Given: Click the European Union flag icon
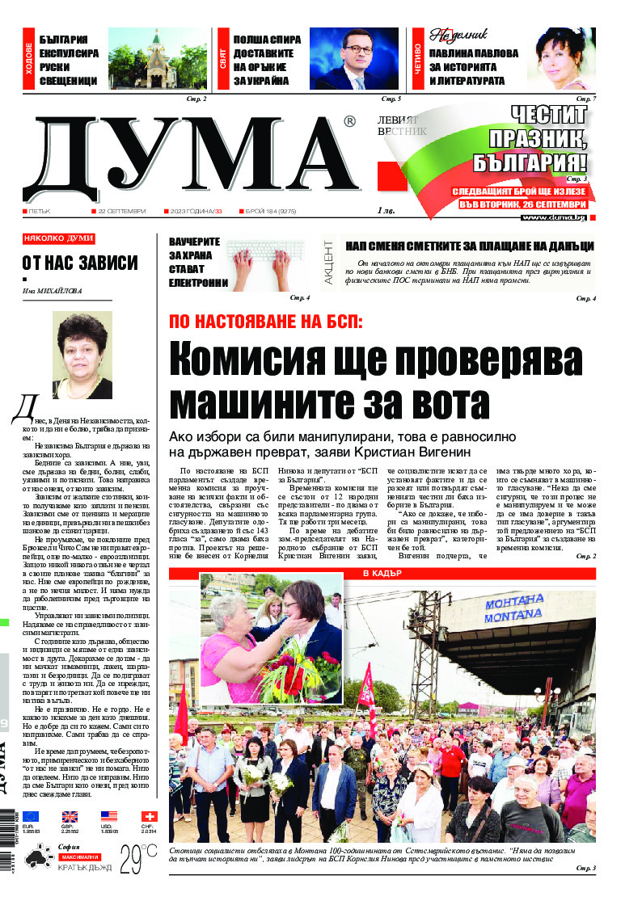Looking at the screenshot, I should (x=31, y=817).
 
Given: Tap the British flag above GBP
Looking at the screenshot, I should (x=70, y=817).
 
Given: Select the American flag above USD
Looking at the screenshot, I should (x=109, y=817).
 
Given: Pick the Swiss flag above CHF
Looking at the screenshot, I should (x=149, y=817).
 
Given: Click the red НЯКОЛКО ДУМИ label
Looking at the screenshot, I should (x=58, y=239).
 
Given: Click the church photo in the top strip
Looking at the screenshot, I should (x=157, y=58).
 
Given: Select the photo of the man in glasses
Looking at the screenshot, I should (x=353, y=58).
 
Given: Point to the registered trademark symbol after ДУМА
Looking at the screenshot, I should (x=349, y=121).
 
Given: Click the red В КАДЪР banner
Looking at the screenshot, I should (x=382, y=574).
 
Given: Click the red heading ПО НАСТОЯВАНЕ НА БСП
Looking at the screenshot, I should (x=266, y=320).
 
